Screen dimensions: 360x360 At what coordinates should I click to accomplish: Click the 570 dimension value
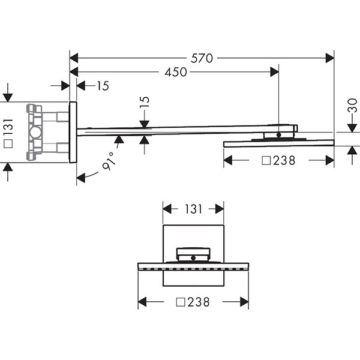(202, 58)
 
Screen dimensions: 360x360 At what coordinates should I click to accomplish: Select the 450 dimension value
(176, 73)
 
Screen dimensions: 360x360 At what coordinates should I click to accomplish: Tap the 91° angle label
(109, 161)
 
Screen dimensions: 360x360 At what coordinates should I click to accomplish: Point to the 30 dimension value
(352, 106)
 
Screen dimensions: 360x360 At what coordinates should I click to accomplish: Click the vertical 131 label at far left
(8, 127)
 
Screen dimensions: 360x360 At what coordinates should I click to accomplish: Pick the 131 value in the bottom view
(193, 209)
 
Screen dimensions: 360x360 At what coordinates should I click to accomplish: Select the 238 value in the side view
(284, 160)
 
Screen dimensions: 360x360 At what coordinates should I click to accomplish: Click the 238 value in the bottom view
(199, 302)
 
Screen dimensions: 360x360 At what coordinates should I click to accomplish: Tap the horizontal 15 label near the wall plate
(103, 86)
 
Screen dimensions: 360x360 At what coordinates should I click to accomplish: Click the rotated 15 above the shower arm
(145, 102)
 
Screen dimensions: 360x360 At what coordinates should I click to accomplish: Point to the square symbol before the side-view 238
(266, 161)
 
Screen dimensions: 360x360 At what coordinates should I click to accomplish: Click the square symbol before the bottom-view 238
(181, 302)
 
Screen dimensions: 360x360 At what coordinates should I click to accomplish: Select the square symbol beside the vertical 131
(8, 143)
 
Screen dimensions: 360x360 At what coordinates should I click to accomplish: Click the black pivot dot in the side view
(279, 135)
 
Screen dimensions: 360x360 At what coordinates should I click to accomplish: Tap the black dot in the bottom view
(193, 258)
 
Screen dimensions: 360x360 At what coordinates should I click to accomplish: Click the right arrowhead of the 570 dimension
(330, 58)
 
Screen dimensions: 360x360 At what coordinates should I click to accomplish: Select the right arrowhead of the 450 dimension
(275, 72)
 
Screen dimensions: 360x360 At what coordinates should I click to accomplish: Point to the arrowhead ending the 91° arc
(80, 178)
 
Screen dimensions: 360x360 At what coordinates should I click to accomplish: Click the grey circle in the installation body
(35, 133)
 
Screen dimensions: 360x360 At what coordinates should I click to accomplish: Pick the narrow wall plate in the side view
(73, 132)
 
